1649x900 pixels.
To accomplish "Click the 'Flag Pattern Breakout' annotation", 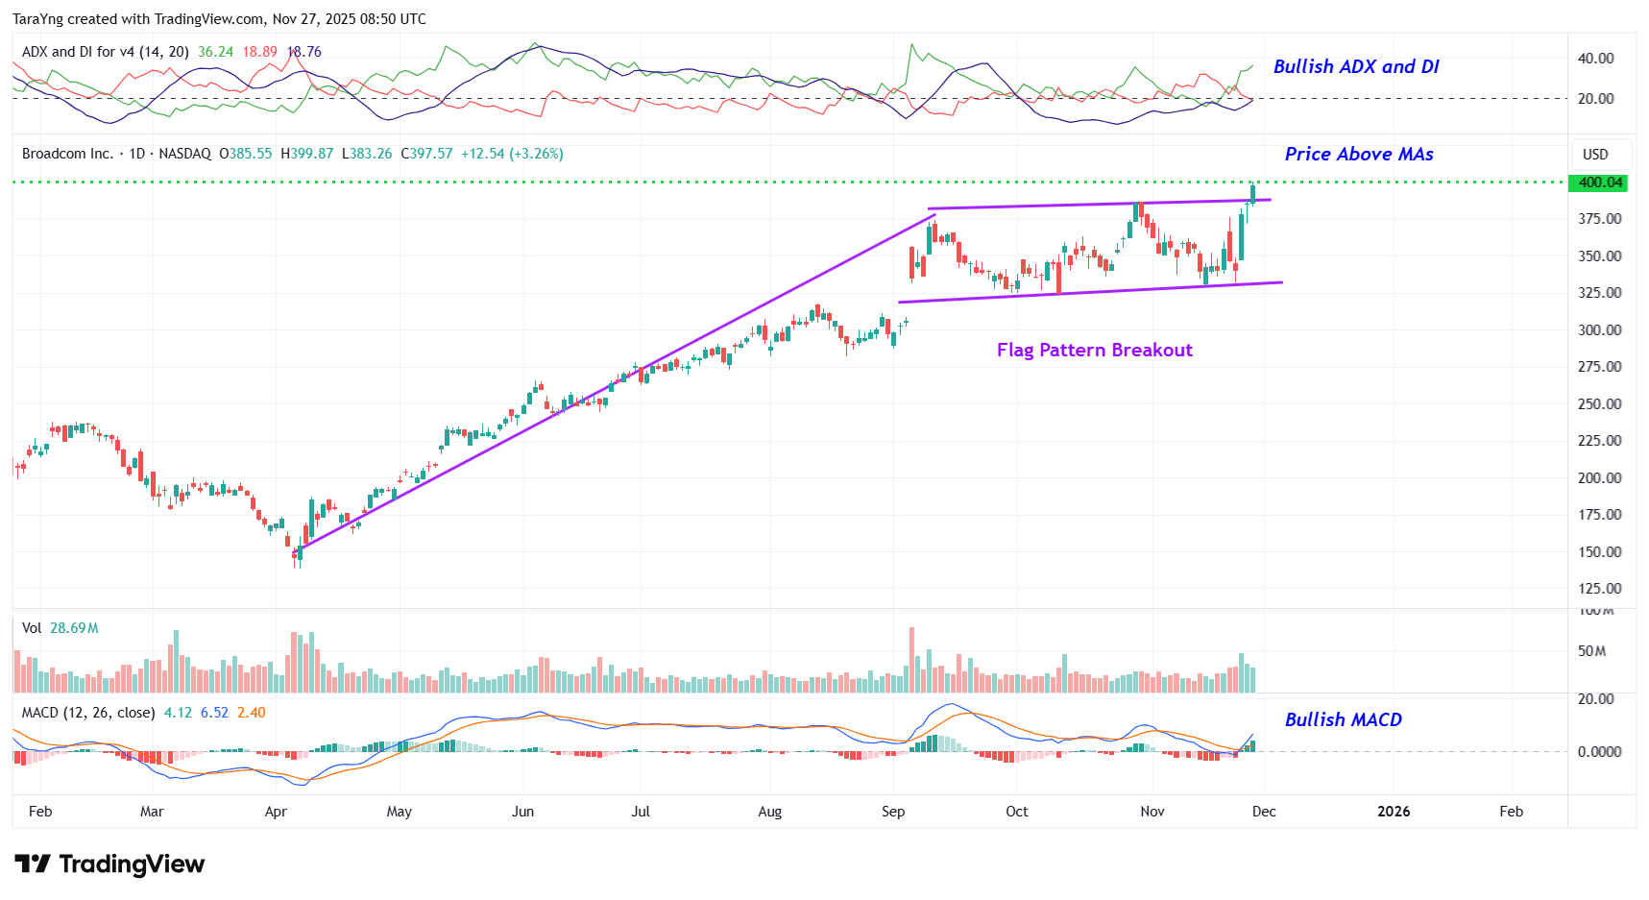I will pyautogui.click(x=1094, y=351).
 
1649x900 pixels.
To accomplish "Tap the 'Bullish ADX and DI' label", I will pyautogui.click(x=1355, y=67).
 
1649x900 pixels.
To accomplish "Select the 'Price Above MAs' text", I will pyautogui.click(x=1358, y=155).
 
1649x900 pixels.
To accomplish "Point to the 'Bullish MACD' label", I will pyautogui.click(x=1343, y=720).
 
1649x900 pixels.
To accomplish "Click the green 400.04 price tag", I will pyautogui.click(x=1599, y=182).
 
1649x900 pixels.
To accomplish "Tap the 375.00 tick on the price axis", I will pyautogui.click(x=1599, y=219).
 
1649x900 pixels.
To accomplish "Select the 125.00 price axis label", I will pyautogui.click(x=1599, y=589).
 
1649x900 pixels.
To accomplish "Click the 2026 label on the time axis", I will pyautogui.click(x=1393, y=812).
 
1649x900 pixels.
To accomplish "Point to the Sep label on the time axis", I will pyautogui.click(x=893, y=812).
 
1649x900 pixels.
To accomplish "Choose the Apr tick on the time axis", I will pyautogui.click(x=276, y=812).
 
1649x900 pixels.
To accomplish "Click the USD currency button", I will pyautogui.click(x=1595, y=155).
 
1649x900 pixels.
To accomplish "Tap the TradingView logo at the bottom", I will pyautogui.click(x=109, y=864).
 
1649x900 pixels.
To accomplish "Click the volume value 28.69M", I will pyautogui.click(x=74, y=628).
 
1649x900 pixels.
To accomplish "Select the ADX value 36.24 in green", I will pyautogui.click(x=215, y=52).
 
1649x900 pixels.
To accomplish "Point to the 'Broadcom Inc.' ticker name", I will pyautogui.click(x=67, y=154).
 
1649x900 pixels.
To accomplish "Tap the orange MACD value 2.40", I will pyautogui.click(x=252, y=713).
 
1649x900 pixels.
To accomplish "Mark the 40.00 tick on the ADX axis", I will pyautogui.click(x=1595, y=59).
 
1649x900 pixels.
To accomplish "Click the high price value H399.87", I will pyautogui.click(x=306, y=154).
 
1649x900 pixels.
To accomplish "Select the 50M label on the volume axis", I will pyautogui.click(x=1591, y=651).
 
